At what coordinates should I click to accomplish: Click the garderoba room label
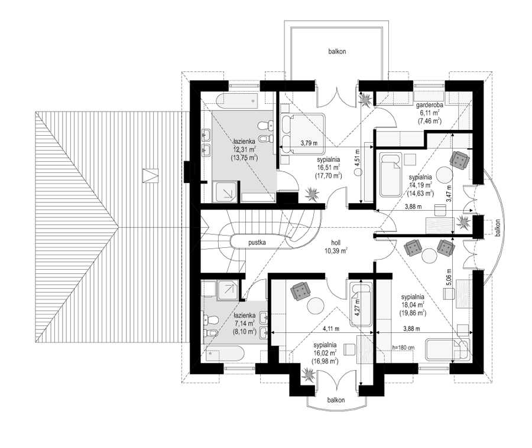tap(429, 106)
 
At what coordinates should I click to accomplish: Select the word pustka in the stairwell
tap(257, 243)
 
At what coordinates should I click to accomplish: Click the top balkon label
tap(338, 51)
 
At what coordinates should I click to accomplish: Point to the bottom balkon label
tap(336, 400)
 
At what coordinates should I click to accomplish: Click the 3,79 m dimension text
tap(309, 143)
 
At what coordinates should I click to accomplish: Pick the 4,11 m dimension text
tap(331, 328)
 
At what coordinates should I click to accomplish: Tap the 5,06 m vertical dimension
tap(449, 277)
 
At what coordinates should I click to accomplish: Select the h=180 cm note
tap(403, 348)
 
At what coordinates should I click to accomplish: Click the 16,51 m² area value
tap(329, 168)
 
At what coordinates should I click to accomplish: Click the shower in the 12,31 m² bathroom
tap(224, 192)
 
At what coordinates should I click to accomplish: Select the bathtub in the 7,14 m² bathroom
tap(225, 355)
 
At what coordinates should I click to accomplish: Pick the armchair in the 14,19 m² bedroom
tap(460, 159)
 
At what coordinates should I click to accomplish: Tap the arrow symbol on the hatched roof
tap(150, 176)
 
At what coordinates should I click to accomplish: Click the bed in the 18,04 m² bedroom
tap(448, 349)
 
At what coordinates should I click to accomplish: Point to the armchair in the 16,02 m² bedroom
tap(301, 291)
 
